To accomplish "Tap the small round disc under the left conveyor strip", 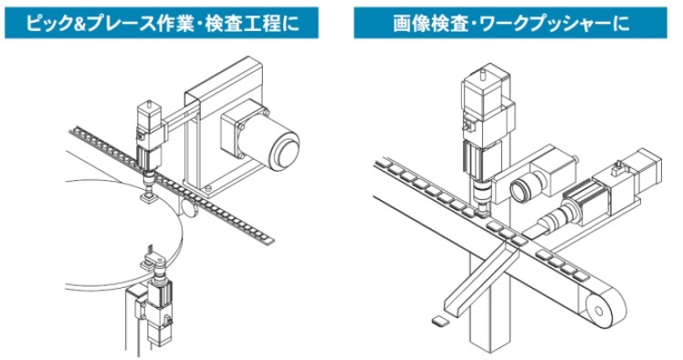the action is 189,208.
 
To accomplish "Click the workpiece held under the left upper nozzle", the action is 149,198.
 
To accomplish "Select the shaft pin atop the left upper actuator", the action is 149,104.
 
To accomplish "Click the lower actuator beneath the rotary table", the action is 158,305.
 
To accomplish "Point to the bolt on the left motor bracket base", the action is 208,188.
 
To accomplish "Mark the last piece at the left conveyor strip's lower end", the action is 267,238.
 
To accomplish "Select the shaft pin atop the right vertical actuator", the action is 482,74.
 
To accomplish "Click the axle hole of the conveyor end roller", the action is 599,311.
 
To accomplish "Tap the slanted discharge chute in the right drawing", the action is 481,278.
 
